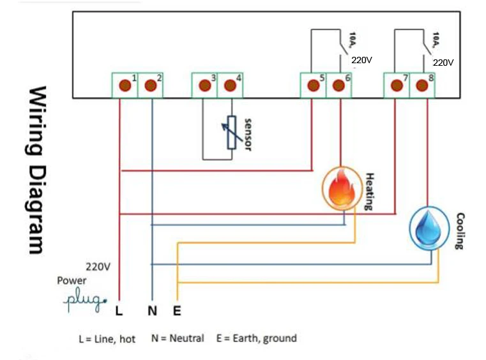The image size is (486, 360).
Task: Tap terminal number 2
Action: coord(151,86)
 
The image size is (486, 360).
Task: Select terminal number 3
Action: coord(204,86)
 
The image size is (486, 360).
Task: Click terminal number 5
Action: coord(313,86)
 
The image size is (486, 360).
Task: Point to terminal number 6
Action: coord(339,86)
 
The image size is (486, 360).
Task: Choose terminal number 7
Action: coord(396,86)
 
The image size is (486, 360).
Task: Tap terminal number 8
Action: coord(422,86)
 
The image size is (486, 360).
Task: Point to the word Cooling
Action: coord(459,231)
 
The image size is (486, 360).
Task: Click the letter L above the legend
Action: coord(119,311)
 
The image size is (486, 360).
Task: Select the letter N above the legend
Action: coord(152,311)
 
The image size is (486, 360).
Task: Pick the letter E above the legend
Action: coord(177,311)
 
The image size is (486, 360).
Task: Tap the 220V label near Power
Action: coord(97,266)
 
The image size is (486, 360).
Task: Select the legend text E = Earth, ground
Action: coord(256,338)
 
